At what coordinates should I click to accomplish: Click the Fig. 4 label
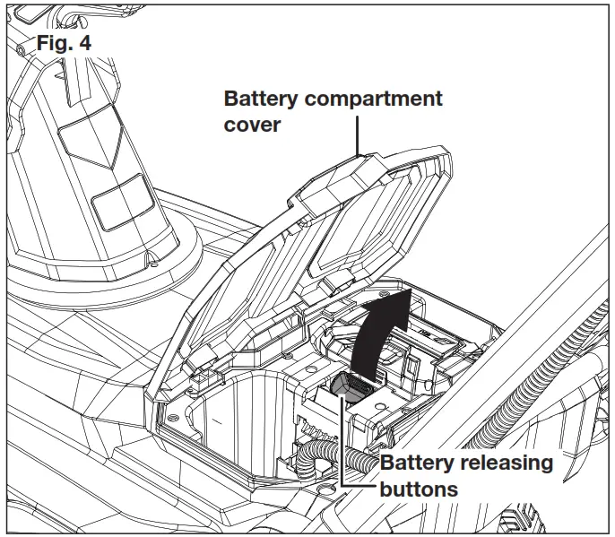[64, 41]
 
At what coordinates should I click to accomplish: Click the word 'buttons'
[419, 489]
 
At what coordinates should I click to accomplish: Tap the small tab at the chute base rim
[155, 261]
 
